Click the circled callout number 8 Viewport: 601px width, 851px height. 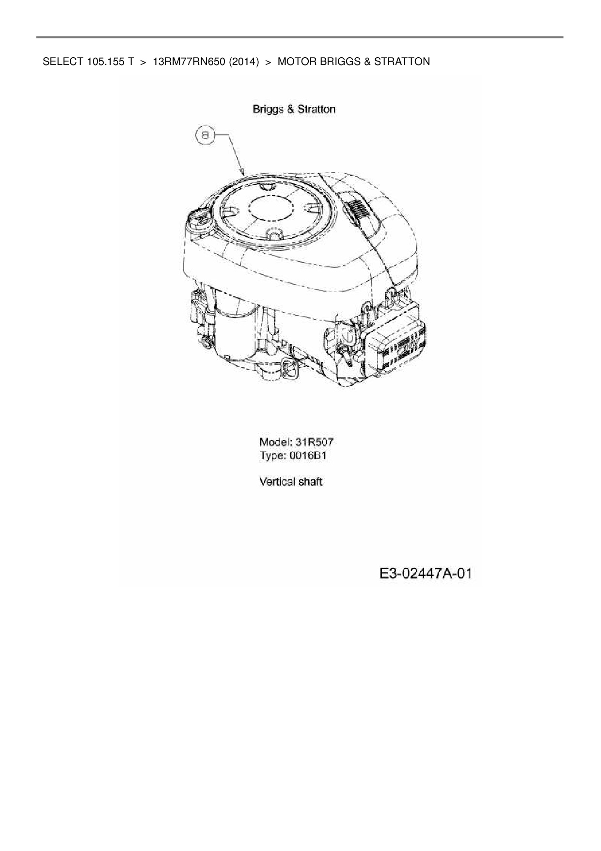point(206,136)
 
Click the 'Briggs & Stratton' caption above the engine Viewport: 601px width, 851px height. point(294,109)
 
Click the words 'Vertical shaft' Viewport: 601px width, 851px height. point(291,482)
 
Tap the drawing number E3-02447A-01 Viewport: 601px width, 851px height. point(425,574)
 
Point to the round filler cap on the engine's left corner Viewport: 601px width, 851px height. point(200,219)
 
